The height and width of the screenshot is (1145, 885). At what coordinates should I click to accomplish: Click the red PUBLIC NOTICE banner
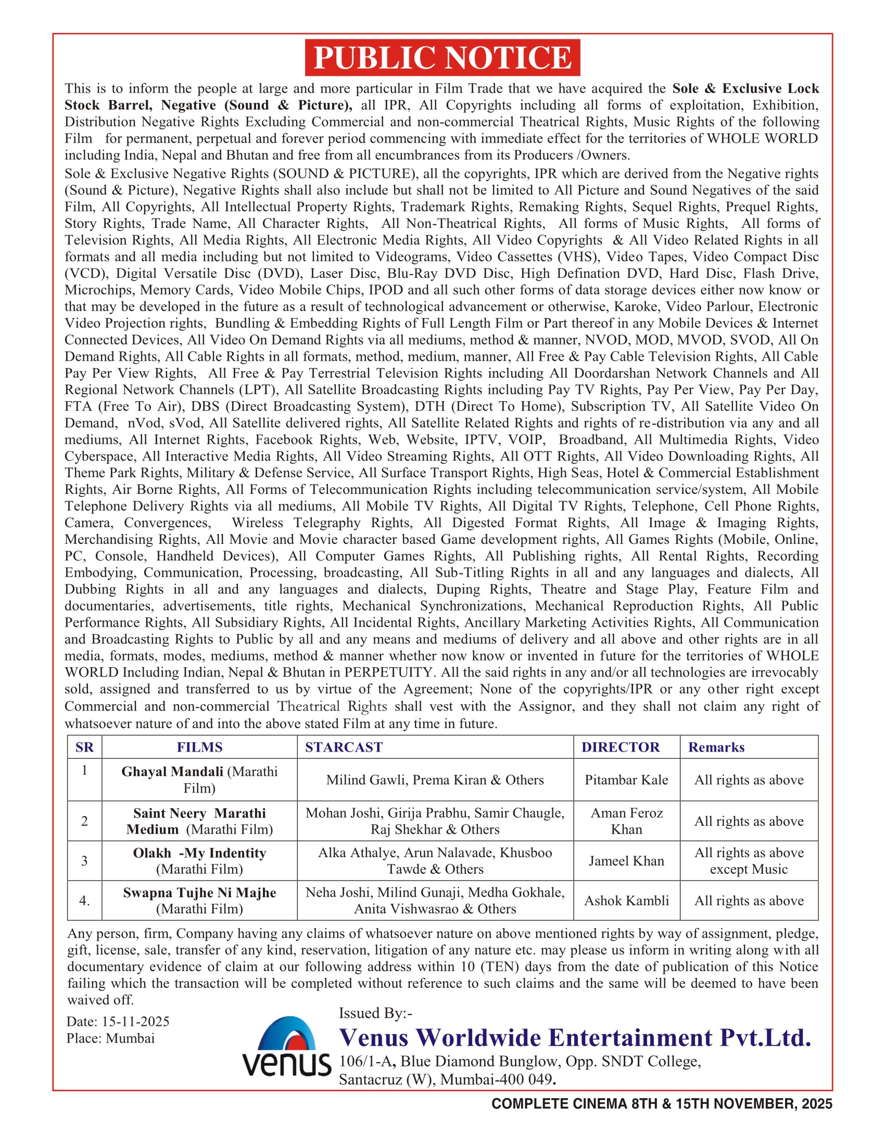(x=442, y=58)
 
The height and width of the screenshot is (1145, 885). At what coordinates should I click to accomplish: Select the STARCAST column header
(x=344, y=747)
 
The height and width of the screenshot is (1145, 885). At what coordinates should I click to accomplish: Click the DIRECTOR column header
(x=620, y=747)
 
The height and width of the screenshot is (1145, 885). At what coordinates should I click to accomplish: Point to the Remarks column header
(x=716, y=747)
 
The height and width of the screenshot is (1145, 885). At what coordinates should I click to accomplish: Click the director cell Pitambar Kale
(x=626, y=780)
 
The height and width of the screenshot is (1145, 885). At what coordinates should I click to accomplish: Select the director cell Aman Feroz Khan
(x=626, y=821)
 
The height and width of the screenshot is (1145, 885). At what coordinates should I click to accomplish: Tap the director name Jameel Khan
(x=626, y=861)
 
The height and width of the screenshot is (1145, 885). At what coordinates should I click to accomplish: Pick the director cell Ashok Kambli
(x=626, y=901)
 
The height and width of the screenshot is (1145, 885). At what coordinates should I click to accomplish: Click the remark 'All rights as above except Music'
(x=749, y=861)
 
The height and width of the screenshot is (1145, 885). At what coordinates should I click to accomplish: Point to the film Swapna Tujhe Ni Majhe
(x=199, y=893)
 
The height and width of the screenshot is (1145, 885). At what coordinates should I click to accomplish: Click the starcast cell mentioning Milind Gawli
(x=435, y=780)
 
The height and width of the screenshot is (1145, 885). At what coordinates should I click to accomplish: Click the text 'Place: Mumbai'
(x=110, y=1039)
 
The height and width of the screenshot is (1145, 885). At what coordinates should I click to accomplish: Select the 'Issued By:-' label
(x=375, y=1013)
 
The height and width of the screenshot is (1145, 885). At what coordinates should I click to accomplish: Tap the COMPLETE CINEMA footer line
(x=662, y=1104)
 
